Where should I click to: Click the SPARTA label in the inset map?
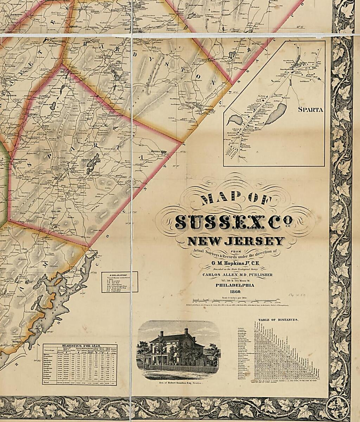pos(310,109)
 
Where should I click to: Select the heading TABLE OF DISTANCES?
pos(278,320)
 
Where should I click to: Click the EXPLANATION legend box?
pos(120,282)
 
